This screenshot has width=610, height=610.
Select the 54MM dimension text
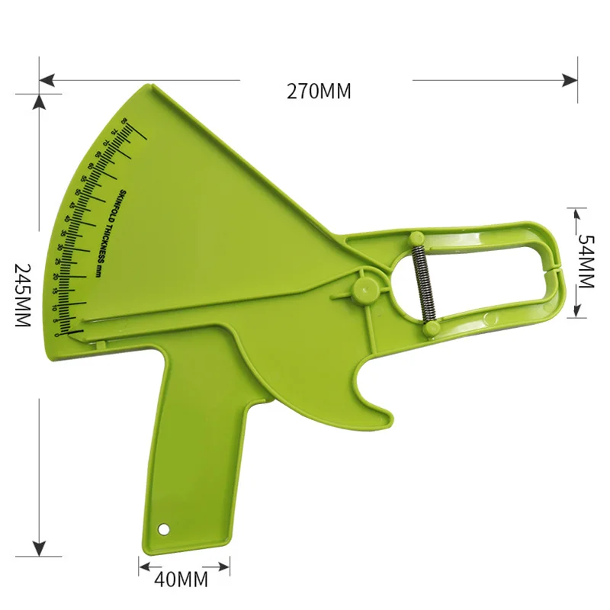585,260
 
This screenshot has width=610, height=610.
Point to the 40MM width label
181,579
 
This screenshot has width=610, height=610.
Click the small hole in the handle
162,528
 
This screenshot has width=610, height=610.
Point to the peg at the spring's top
417,238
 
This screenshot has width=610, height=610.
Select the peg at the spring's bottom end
429,328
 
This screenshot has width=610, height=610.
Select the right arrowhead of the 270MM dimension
570,79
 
